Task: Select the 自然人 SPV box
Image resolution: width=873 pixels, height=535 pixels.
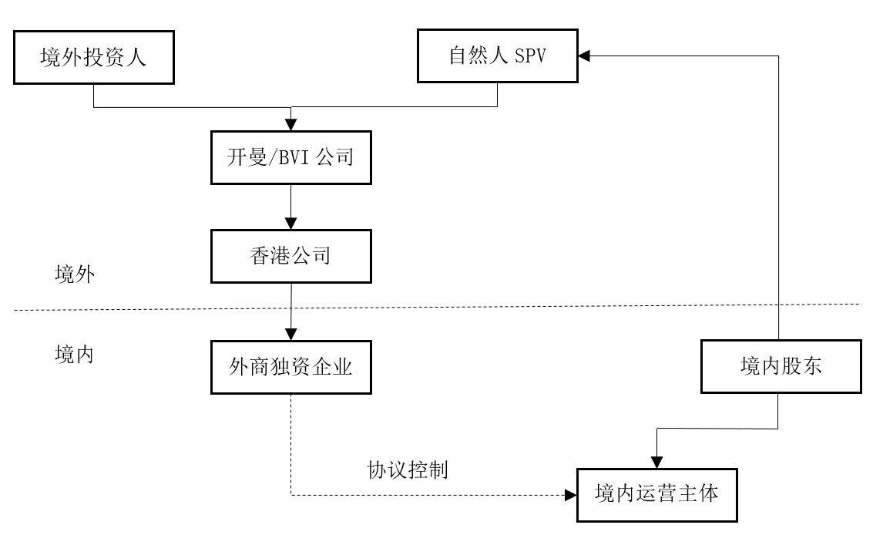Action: click(497, 56)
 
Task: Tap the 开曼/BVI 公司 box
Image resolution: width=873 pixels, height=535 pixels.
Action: click(290, 157)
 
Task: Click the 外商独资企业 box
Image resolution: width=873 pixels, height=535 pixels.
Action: click(290, 367)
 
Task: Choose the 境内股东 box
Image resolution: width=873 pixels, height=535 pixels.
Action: click(780, 367)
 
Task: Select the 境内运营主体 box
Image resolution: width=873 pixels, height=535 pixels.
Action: click(656, 493)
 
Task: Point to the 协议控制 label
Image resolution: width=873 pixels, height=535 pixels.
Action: click(408, 470)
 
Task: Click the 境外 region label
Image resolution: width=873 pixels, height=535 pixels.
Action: click(76, 274)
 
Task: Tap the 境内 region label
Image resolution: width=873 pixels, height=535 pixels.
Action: click(75, 355)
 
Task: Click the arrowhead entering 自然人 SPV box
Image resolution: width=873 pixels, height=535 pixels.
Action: click(584, 56)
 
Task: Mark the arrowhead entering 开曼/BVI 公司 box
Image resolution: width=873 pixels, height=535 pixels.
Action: click(290, 126)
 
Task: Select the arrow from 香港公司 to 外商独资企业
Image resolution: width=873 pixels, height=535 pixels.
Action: click(290, 311)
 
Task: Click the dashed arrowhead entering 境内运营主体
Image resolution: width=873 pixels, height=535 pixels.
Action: click(572, 494)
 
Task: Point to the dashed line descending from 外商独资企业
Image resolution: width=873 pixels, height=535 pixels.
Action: click(290, 447)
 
